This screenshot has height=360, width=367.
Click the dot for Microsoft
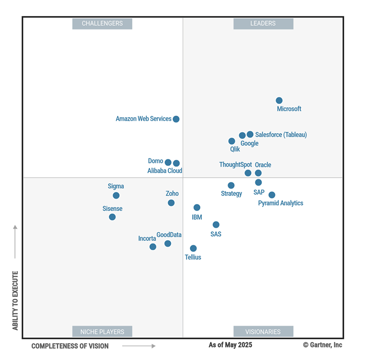coord(279,100)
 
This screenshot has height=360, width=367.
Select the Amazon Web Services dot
coord(176,119)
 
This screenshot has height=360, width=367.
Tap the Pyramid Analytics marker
coord(272,195)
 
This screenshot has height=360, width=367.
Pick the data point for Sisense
coord(112,217)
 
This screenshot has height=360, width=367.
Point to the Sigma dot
coord(116,195)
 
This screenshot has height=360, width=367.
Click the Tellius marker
coord(193,248)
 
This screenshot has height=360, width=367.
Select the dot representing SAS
coord(216,224)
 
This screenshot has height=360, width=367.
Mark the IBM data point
coord(197,207)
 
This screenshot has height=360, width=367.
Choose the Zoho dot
coord(171,203)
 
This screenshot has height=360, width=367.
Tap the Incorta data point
coord(153,247)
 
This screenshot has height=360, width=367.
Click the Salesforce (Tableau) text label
coord(281,135)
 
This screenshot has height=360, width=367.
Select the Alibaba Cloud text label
coord(165,171)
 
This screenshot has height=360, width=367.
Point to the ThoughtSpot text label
coord(235,165)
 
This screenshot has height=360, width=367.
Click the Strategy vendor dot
coord(231,185)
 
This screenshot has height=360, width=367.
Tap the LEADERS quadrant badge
coord(263,23)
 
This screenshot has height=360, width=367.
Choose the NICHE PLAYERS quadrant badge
coord(102,332)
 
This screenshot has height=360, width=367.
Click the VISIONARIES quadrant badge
coord(263,332)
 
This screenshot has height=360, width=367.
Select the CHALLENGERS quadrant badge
coord(102,23)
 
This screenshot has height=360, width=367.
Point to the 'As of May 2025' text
coord(230,345)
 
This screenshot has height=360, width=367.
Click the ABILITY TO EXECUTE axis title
coord(15,300)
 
